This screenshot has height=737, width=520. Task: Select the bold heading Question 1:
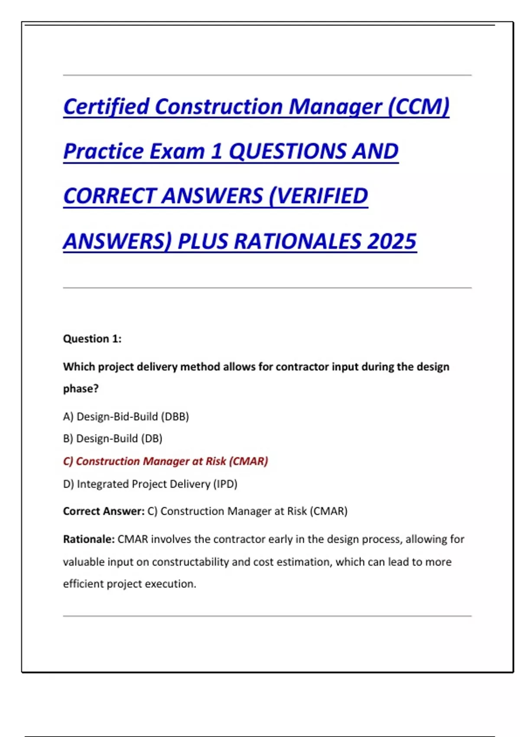point(92,339)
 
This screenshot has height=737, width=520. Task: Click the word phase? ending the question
point(81,389)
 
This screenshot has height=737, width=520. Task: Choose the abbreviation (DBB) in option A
point(175,417)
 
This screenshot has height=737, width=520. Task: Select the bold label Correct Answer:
point(104,511)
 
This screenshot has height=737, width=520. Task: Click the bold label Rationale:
point(89,539)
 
